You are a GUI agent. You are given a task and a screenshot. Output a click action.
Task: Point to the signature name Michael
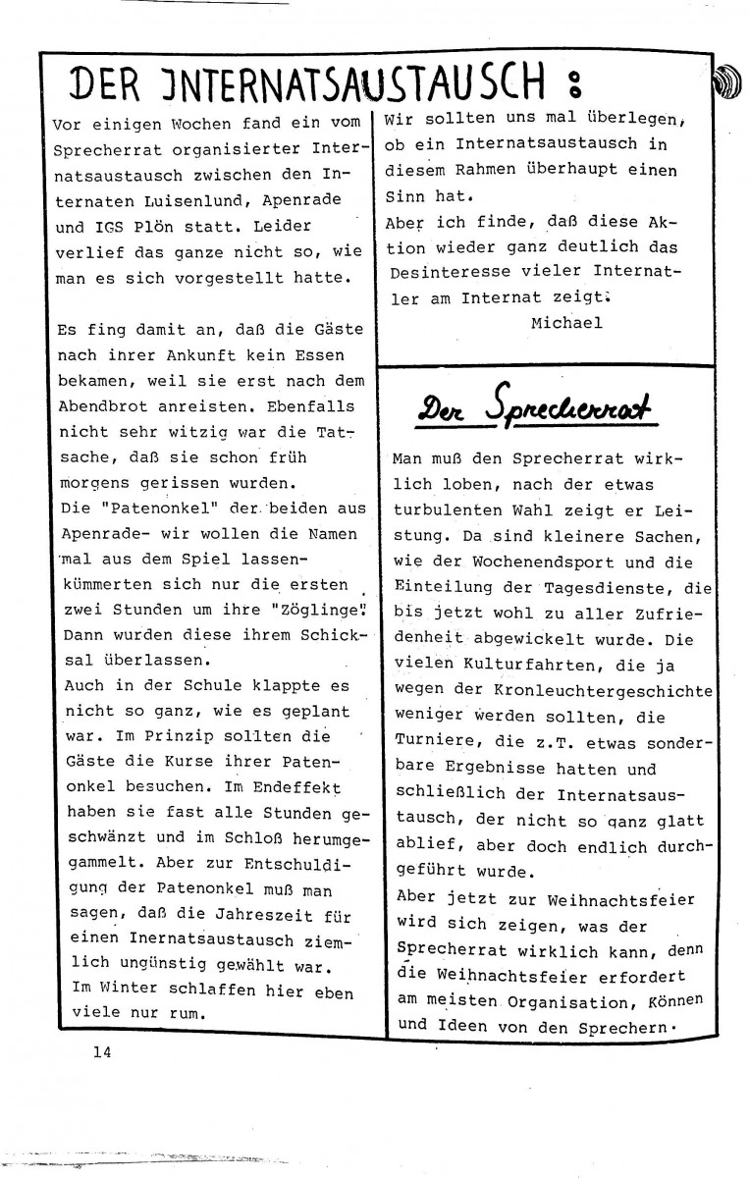(x=565, y=322)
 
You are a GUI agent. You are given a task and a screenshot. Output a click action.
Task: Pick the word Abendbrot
(x=102, y=405)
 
